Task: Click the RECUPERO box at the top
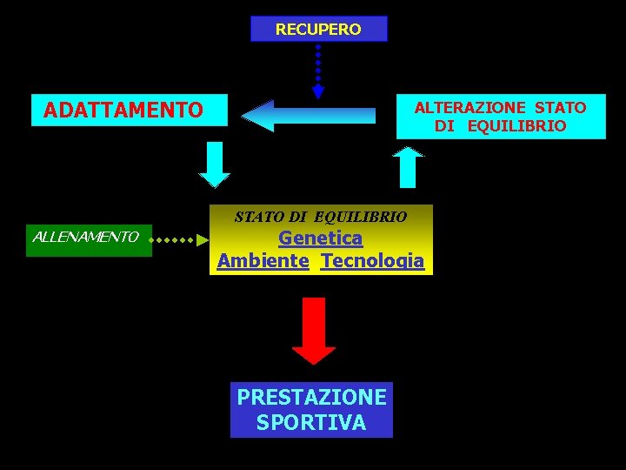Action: click(x=318, y=29)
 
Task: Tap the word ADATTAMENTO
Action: click(x=123, y=111)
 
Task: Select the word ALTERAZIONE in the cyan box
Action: click(x=469, y=107)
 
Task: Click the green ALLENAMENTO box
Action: click(x=88, y=237)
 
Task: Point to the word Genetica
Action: click(x=320, y=238)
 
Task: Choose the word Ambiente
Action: click(x=263, y=260)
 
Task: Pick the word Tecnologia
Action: click(x=372, y=260)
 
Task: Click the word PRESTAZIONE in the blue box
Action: click(x=311, y=397)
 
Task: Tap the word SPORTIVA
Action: click(x=311, y=423)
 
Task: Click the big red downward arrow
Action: click(x=314, y=329)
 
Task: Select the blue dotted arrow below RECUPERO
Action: click(x=318, y=70)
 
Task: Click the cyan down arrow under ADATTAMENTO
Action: click(x=215, y=164)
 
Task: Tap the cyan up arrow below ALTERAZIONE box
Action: click(x=407, y=166)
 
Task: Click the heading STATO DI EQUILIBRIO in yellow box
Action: click(x=320, y=216)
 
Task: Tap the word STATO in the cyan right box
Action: click(x=561, y=107)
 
